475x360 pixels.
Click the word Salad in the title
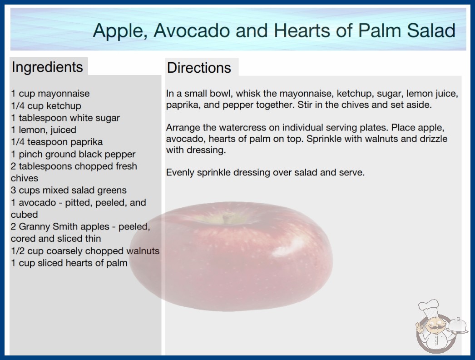pyautogui.click(x=431, y=30)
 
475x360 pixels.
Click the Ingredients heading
pyautogui.click(x=47, y=67)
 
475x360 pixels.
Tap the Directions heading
pyautogui.click(x=199, y=68)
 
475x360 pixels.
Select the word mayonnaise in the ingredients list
pyautogui.click(x=64, y=94)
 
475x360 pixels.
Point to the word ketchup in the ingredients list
pyautogui.click(x=64, y=106)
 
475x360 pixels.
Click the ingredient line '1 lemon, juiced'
pyautogui.click(x=44, y=130)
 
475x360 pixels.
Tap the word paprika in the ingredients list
pyautogui.click(x=86, y=142)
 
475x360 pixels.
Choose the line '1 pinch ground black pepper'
pyautogui.click(x=73, y=154)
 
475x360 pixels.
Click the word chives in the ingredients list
pyautogui.click(x=25, y=178)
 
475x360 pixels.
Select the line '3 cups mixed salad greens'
pyautogui.click(x=69, y=190)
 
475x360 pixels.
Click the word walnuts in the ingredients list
pyautogui.click(x=143, y=251)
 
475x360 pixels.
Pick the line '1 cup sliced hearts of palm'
pyautogui.click(x=69, y=263)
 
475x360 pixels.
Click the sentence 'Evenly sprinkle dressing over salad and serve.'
pyautogui.click(x=265, y=173)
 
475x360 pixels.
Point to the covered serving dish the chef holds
pyautogui.click(x=457, y=326)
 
